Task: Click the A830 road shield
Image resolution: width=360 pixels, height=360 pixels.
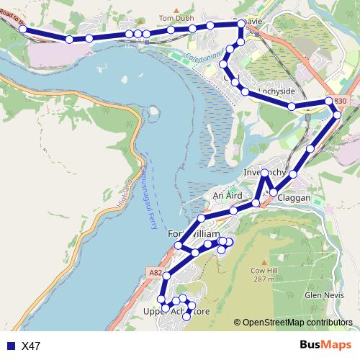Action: coord(339,102)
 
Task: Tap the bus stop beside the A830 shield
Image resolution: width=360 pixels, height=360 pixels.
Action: coord(330,102)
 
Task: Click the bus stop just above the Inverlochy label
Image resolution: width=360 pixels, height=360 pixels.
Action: coord(265,173)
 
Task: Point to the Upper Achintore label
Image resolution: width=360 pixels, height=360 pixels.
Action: coord(178,311)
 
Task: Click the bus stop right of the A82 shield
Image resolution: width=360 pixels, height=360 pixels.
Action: coord(167,276)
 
